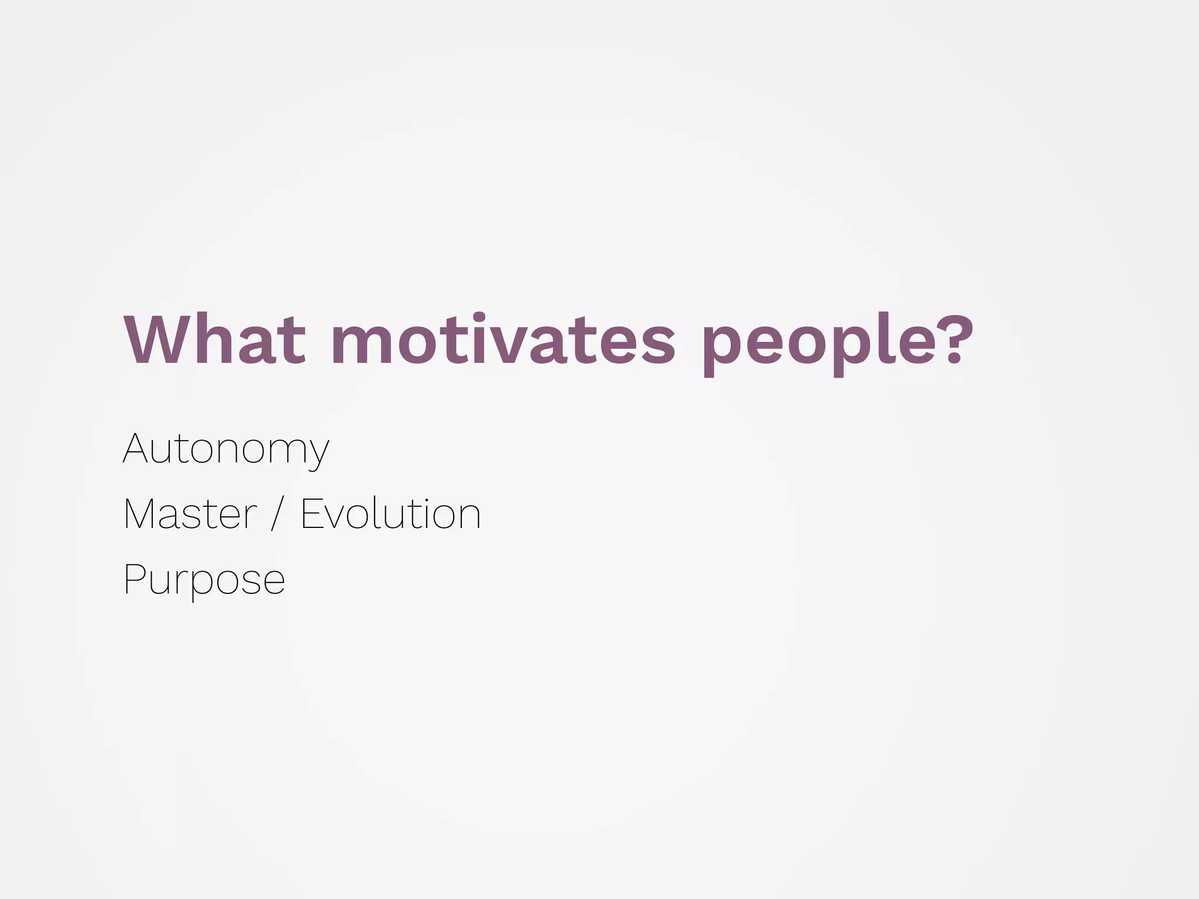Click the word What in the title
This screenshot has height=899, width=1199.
(214, 341)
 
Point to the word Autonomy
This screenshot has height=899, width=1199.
(226, 449)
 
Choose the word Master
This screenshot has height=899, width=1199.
(190, 514)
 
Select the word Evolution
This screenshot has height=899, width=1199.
(390, 514)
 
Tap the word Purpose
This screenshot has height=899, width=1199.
(204, 579)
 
